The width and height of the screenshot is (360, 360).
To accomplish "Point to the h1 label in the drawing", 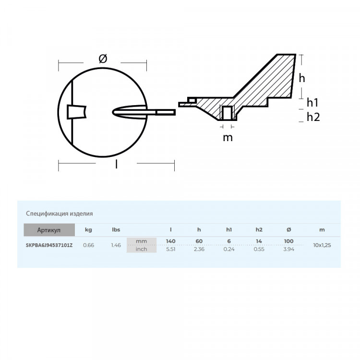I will click(313, 102).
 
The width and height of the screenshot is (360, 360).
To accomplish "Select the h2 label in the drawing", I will click(313, 117).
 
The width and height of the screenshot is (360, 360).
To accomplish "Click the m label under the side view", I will click(228, 138).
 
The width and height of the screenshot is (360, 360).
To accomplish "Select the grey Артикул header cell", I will click(49, 230).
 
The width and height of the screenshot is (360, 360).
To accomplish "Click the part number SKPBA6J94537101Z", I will click(49, 245).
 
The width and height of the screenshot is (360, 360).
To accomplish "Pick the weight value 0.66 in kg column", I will click(88, 245).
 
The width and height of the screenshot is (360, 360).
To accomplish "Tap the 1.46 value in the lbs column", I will click(116, 245).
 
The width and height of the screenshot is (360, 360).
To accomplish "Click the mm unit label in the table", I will click(141, 241).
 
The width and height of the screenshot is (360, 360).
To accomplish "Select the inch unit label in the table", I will click(141, 249).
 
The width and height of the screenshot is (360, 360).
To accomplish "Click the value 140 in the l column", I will click(171, 241).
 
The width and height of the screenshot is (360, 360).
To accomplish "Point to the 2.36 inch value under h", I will click(199, 249).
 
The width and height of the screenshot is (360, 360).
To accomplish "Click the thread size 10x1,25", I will click(322, 245).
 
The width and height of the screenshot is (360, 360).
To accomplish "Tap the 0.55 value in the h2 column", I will click(259, 249).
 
